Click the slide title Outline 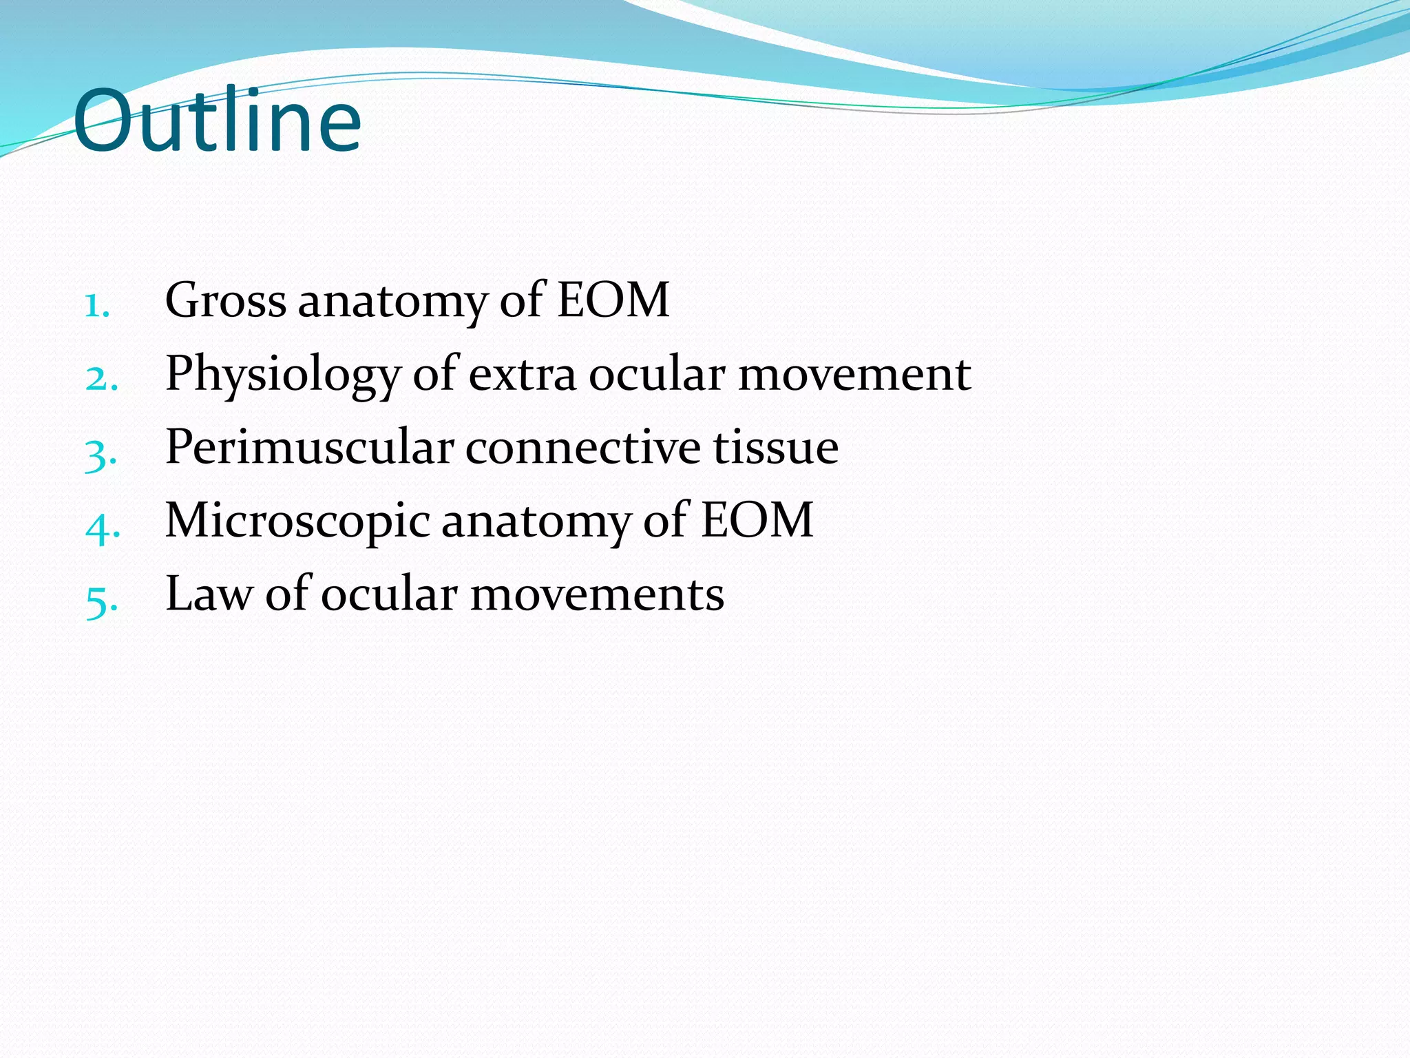click(217, 122)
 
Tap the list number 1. click(97, 305)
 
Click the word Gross click(225, 300)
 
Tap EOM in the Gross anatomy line click(613, 300)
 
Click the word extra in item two click(522, 375)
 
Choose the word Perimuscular click(309, 448)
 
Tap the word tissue click(775, 448)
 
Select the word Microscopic click(297, 522)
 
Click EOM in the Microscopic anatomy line click(757, 521)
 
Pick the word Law click(209, 594)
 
